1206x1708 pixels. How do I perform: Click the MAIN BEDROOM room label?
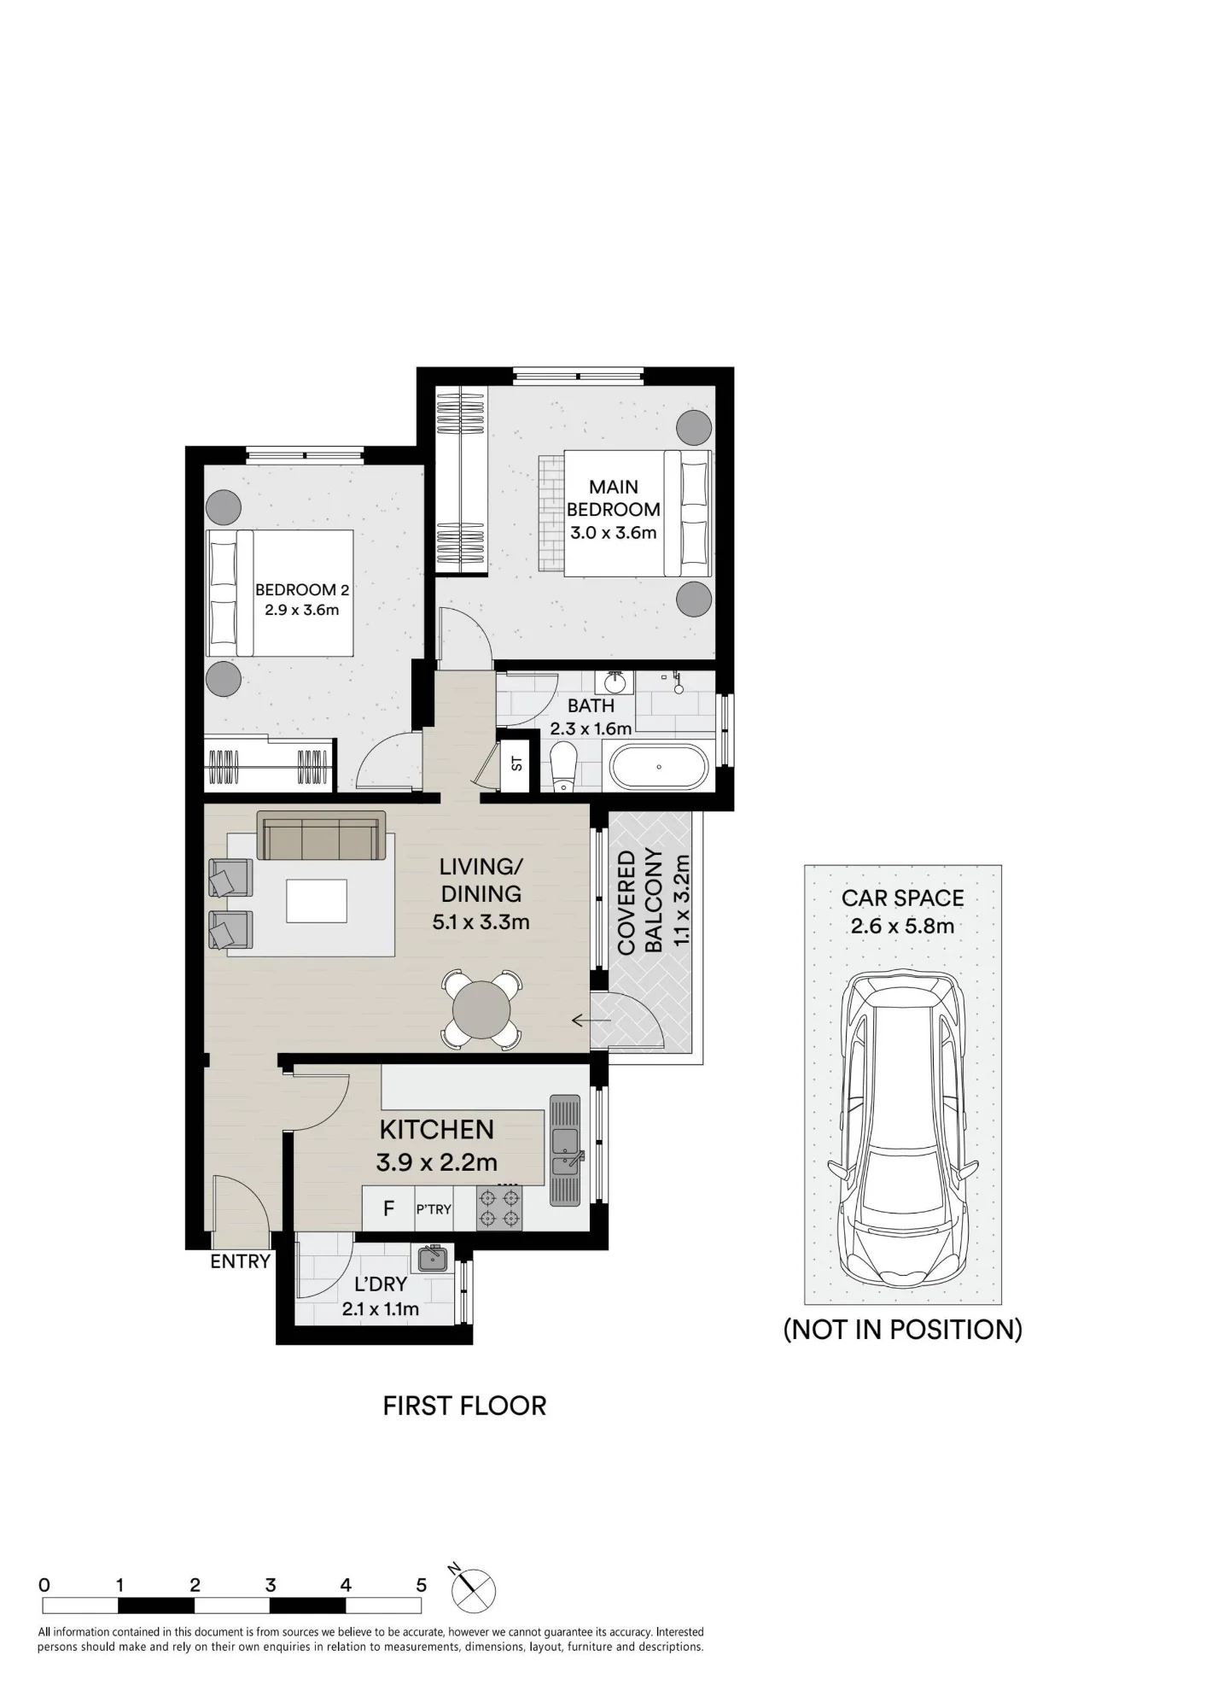(x=614, y=498)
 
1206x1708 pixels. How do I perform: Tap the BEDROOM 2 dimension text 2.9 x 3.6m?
(x=302, y=610)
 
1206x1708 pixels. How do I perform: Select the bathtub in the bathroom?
(x=659, y=767)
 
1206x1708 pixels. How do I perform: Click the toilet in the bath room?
(x=564, y=766)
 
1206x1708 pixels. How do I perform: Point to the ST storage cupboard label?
(x=516, y=763)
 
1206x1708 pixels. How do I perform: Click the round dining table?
(x=481, y=1009)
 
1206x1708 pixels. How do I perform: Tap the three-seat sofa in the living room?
(x=320, y=835)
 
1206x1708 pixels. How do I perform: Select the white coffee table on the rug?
(x=317, y=901)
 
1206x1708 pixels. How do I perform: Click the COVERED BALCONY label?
(x=640, y=902)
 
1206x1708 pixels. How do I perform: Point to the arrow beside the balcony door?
(x=591, y=1020)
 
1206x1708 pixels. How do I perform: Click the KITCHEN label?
(x=437, y=1129)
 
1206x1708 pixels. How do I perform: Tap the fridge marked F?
(x=388, y=1208)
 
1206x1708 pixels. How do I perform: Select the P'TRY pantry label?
(x=434, y=1209)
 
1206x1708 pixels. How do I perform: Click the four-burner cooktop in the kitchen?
(x=499, y=1208)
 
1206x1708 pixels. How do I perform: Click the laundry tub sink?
(x=433, y=1258)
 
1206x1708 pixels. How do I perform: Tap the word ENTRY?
(x=241, y=1261)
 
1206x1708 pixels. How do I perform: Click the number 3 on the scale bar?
(x=271, y=1585)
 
